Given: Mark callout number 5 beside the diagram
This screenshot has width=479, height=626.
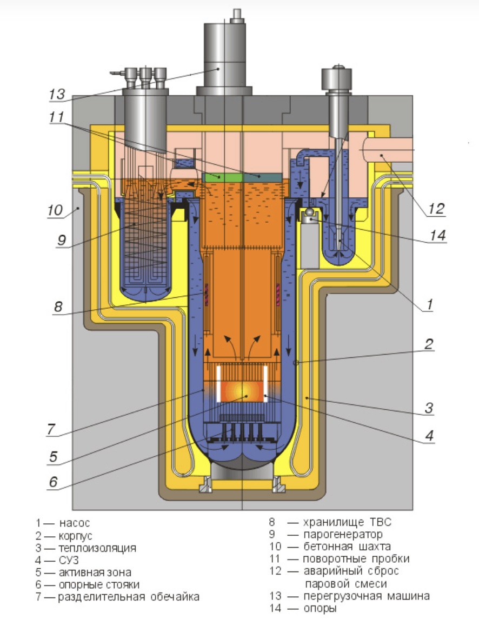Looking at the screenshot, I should coord(53,457).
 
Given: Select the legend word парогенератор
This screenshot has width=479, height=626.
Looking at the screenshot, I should coord(343,535).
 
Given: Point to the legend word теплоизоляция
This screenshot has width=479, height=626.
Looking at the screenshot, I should coord(97,548).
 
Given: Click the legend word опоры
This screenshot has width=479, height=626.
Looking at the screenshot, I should coord(319,608).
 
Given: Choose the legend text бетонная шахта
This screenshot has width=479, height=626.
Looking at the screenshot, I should coord(347,547).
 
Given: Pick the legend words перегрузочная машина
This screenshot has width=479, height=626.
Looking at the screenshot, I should coord(366,596).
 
